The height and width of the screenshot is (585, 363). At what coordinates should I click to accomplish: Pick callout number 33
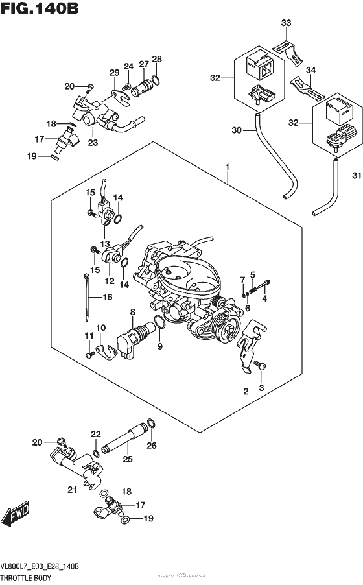click(x=287, y=24)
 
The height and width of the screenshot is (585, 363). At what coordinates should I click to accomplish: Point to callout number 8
click(x=132, y=312)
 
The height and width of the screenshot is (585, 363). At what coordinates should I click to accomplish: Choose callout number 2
click(x=246, y=391)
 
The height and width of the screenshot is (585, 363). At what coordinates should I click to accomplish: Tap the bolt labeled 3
click(x=259, y=366)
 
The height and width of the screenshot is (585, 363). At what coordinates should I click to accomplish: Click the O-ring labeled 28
click(x=156, y=82)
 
